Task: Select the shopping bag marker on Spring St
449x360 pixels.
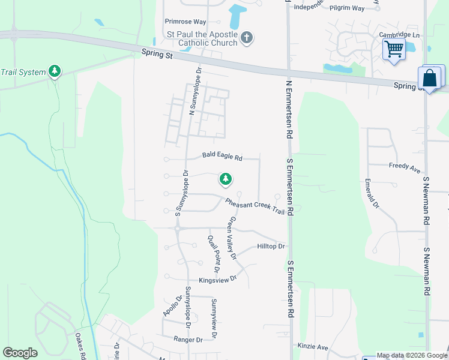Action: tap(430, 79)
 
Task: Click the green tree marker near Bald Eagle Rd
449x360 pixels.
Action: tap(226, 179)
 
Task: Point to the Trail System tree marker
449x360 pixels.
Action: tap(55, 72)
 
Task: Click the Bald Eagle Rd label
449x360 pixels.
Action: tap(222, 157)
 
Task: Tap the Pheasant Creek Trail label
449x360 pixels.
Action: tap(255, 206)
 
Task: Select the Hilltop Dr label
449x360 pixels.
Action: tap(271, 247)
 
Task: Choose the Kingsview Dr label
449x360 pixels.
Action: tap(218, 279)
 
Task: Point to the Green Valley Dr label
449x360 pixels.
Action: tap(231, 238)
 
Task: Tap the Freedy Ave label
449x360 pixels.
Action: tap(405, 167)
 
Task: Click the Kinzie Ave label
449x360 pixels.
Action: tap(313, 347)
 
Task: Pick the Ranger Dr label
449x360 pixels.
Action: tap(187, 340)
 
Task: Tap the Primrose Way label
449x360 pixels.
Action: tap(185, 22)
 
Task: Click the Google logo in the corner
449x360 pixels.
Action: tap(20, 353)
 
